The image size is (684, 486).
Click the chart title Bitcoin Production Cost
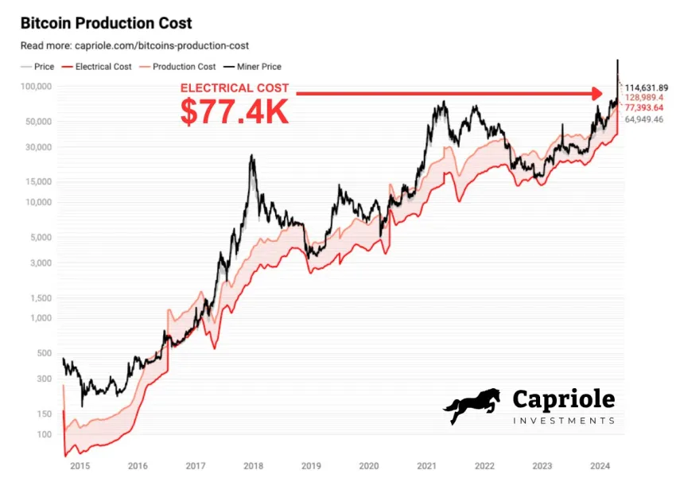tap(106, 24)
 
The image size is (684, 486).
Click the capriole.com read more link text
tap(134, 46)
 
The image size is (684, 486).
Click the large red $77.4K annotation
tap(234, 111)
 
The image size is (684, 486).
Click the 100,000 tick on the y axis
tap(35, 87)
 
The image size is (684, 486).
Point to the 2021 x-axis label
tap(427, 467)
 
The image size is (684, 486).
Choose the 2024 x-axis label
tap(602, 467)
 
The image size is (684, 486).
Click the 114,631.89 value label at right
tap(647, 87)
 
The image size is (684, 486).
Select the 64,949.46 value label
tap(645, 119)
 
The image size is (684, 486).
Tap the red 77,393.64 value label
tap(645, 107)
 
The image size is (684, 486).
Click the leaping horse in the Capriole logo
tap(472, 406)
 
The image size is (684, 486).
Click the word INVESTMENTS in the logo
tap(563, 420)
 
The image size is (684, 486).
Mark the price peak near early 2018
tap(252, 156)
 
